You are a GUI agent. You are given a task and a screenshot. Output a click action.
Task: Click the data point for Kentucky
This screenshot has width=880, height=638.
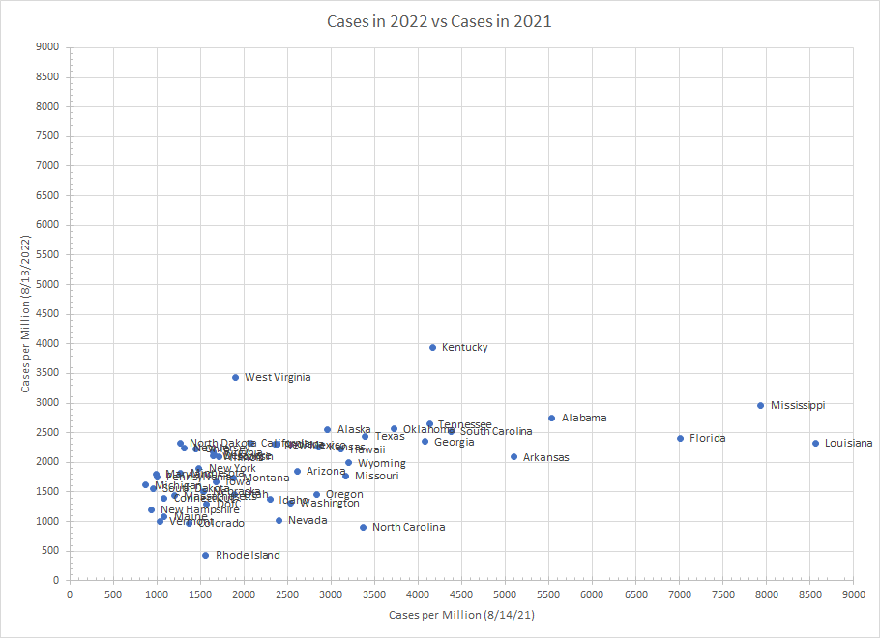pos(432,347)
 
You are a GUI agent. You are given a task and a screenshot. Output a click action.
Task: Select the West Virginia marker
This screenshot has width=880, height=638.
pos(235,377)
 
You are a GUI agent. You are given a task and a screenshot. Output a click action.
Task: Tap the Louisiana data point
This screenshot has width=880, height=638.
pos(815,443)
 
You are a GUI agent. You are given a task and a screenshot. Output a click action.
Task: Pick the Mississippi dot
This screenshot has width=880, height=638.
pos(761,405)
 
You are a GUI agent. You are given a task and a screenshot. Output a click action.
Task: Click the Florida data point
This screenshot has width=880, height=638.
pos(680,438)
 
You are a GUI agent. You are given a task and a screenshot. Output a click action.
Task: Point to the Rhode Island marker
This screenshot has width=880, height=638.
pos(205,555)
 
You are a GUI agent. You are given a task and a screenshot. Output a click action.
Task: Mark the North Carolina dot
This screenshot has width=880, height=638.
pos(363,527)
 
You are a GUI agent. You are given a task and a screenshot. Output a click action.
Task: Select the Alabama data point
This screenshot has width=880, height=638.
pos(551,418)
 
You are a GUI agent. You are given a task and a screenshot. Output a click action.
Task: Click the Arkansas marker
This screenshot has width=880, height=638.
pos(513,456)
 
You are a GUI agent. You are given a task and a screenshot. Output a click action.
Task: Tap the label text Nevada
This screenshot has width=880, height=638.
pos(308,520)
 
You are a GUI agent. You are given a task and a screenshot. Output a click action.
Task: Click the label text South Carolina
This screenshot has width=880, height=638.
pos(496,431)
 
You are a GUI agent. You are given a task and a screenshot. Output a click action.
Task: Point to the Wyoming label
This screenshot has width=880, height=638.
pos(382,463)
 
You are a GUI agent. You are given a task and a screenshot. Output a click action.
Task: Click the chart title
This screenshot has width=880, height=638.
pos(439,21)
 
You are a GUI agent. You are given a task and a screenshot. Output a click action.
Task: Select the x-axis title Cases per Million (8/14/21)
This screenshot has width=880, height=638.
pos(460,615)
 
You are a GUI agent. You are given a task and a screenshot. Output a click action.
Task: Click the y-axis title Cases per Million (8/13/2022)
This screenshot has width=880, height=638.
pos(27,313)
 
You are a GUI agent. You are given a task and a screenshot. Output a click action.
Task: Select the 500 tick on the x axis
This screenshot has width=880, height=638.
pos(113,594)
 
